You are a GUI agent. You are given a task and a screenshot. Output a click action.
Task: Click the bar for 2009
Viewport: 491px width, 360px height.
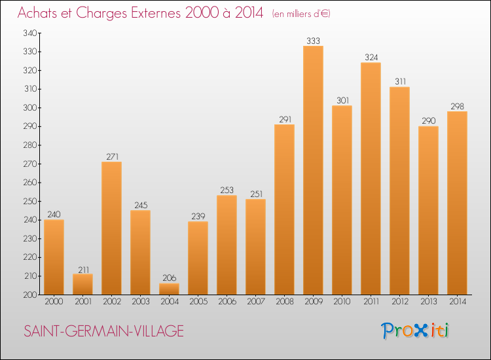pyautogui.click(x=313, y=170)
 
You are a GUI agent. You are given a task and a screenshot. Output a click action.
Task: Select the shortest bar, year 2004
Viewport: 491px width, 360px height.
pyautogui.click(x=169, y=289)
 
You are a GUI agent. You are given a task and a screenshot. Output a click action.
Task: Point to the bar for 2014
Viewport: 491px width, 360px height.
pyautogui.click(x=457, y=203)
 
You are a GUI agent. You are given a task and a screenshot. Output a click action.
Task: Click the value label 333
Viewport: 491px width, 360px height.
pyautogui.click(x=313, y=41)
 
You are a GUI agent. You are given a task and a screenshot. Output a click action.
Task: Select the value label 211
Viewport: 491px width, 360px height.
pyautogui.click(x=82, y=269)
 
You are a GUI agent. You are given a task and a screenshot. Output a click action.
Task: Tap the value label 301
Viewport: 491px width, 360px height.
pyautogui.click(x=342, y=101)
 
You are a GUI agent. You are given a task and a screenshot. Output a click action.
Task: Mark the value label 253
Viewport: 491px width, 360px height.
pyautogui.click(x=227, y=190)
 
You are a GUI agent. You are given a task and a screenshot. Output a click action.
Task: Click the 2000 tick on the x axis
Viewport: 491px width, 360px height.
pyautogui.click(x=54, y=301)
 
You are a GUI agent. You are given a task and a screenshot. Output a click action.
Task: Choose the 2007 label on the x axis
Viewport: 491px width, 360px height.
pyautogui.click(x=255, y=301)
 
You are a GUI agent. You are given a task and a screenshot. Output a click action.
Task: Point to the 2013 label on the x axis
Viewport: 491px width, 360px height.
pyautogui.click(x=428, y=301)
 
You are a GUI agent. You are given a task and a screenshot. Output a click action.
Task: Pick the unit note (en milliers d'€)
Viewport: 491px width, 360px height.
pyautogui.click(x=302, y=14)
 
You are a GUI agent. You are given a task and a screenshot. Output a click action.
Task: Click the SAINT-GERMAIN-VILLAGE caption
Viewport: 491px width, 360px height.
pyautogui.click(x=103, y=331)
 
